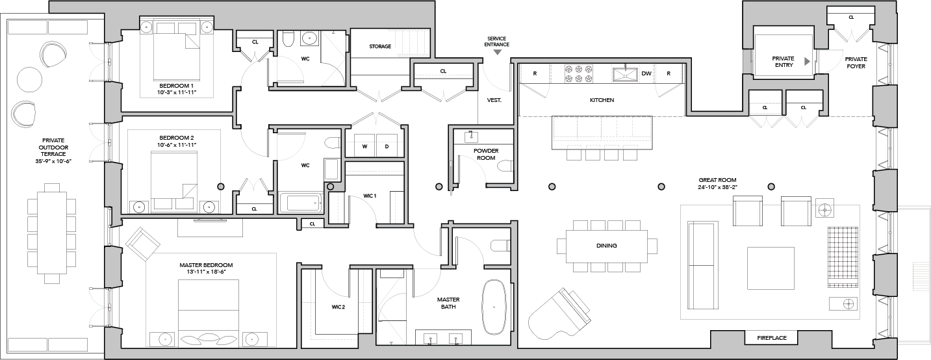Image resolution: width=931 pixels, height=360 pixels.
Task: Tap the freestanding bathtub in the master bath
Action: pyautogui.click(x=494, y=307)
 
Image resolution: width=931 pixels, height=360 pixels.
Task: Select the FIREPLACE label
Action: pyautogui.click(x=771, y=338)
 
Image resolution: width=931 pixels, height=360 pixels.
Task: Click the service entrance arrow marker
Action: pyautogui.click(x=497, y=53)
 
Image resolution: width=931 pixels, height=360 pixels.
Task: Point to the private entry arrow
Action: pyautogui.click(x=807, y=62)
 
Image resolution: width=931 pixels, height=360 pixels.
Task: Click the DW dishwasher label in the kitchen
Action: pyautogui.click(x=646, y=73)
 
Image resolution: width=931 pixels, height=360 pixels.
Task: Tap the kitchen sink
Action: pyautogui.click(x=625, y=73)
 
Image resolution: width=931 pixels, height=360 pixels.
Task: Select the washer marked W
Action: pyautogui.click(x=364, y=146)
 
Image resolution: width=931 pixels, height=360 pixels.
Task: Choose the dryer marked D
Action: pyautogui.click(x=387, y=146)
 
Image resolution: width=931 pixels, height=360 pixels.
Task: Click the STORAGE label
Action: pyautogui.click(x=380, y=47)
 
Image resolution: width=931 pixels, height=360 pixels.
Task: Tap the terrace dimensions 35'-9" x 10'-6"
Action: pyautogui.click(x=53, y=161)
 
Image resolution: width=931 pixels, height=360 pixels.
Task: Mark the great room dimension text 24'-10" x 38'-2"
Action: pyautogui.click(x=717, y=187)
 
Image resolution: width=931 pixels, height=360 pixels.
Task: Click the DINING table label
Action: pyautogui.click(x=606, y=246)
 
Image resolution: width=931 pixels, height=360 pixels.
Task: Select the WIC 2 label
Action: pyautogui.click(x=338, y=307)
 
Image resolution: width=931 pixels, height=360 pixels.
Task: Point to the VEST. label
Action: pyautogui.click(x=494, y=100)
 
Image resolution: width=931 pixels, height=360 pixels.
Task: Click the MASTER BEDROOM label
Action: pyautogui.click(x=206, y=265)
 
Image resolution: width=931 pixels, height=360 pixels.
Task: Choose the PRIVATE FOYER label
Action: pyautogui.click(x=856, y=62)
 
